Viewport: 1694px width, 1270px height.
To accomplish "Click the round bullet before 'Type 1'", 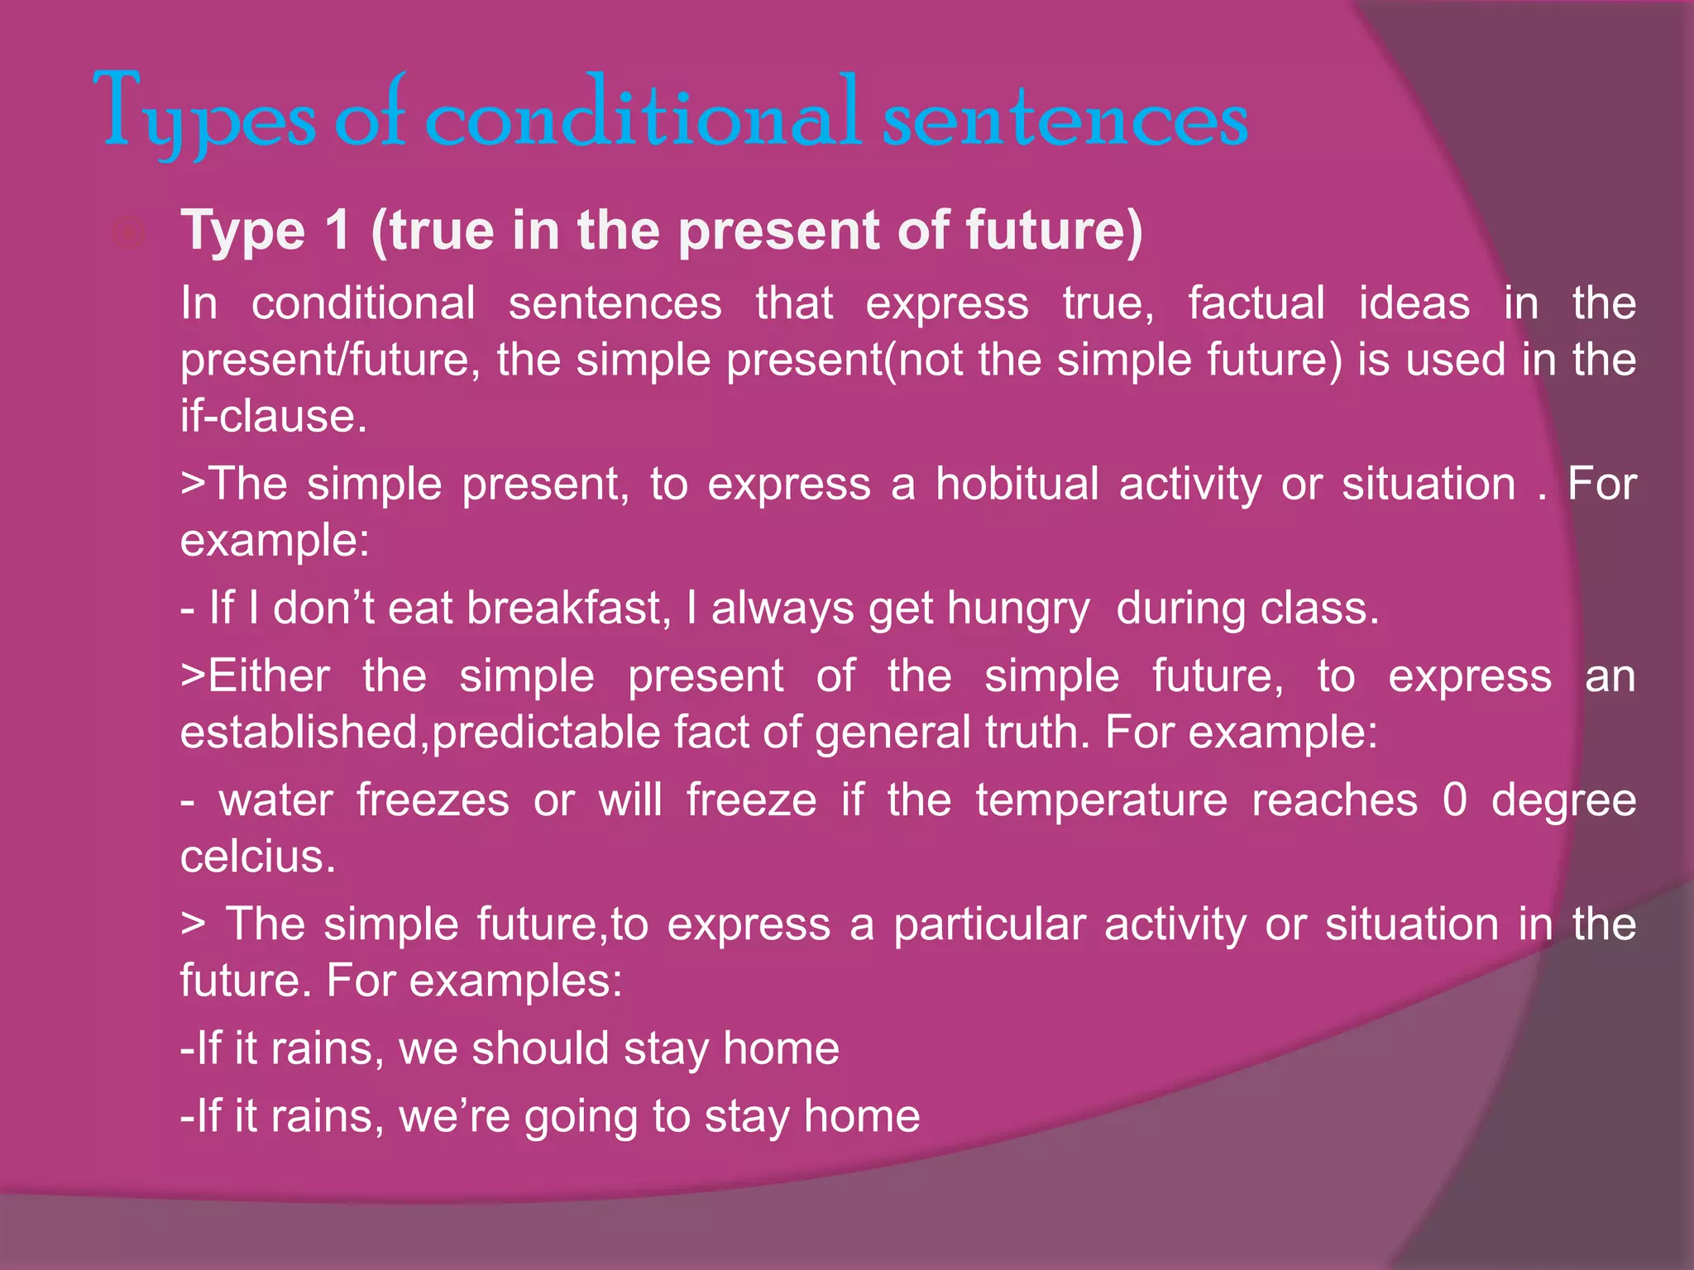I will pos(129,235).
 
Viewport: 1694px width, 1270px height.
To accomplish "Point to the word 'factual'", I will pos(1256,303).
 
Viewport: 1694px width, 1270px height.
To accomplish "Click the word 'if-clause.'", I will pos(274,416).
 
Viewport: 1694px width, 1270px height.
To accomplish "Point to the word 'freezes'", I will pos(433,800).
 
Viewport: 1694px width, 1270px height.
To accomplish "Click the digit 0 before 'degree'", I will pos(1455,800).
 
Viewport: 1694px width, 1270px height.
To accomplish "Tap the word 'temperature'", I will pos(1101,800).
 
